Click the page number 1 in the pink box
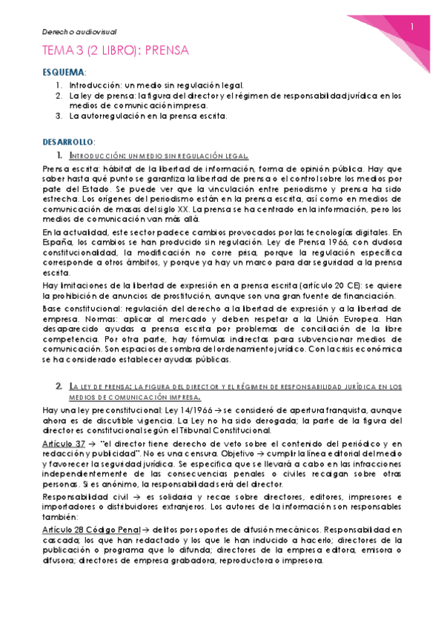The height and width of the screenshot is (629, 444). [x=414, y=27]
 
